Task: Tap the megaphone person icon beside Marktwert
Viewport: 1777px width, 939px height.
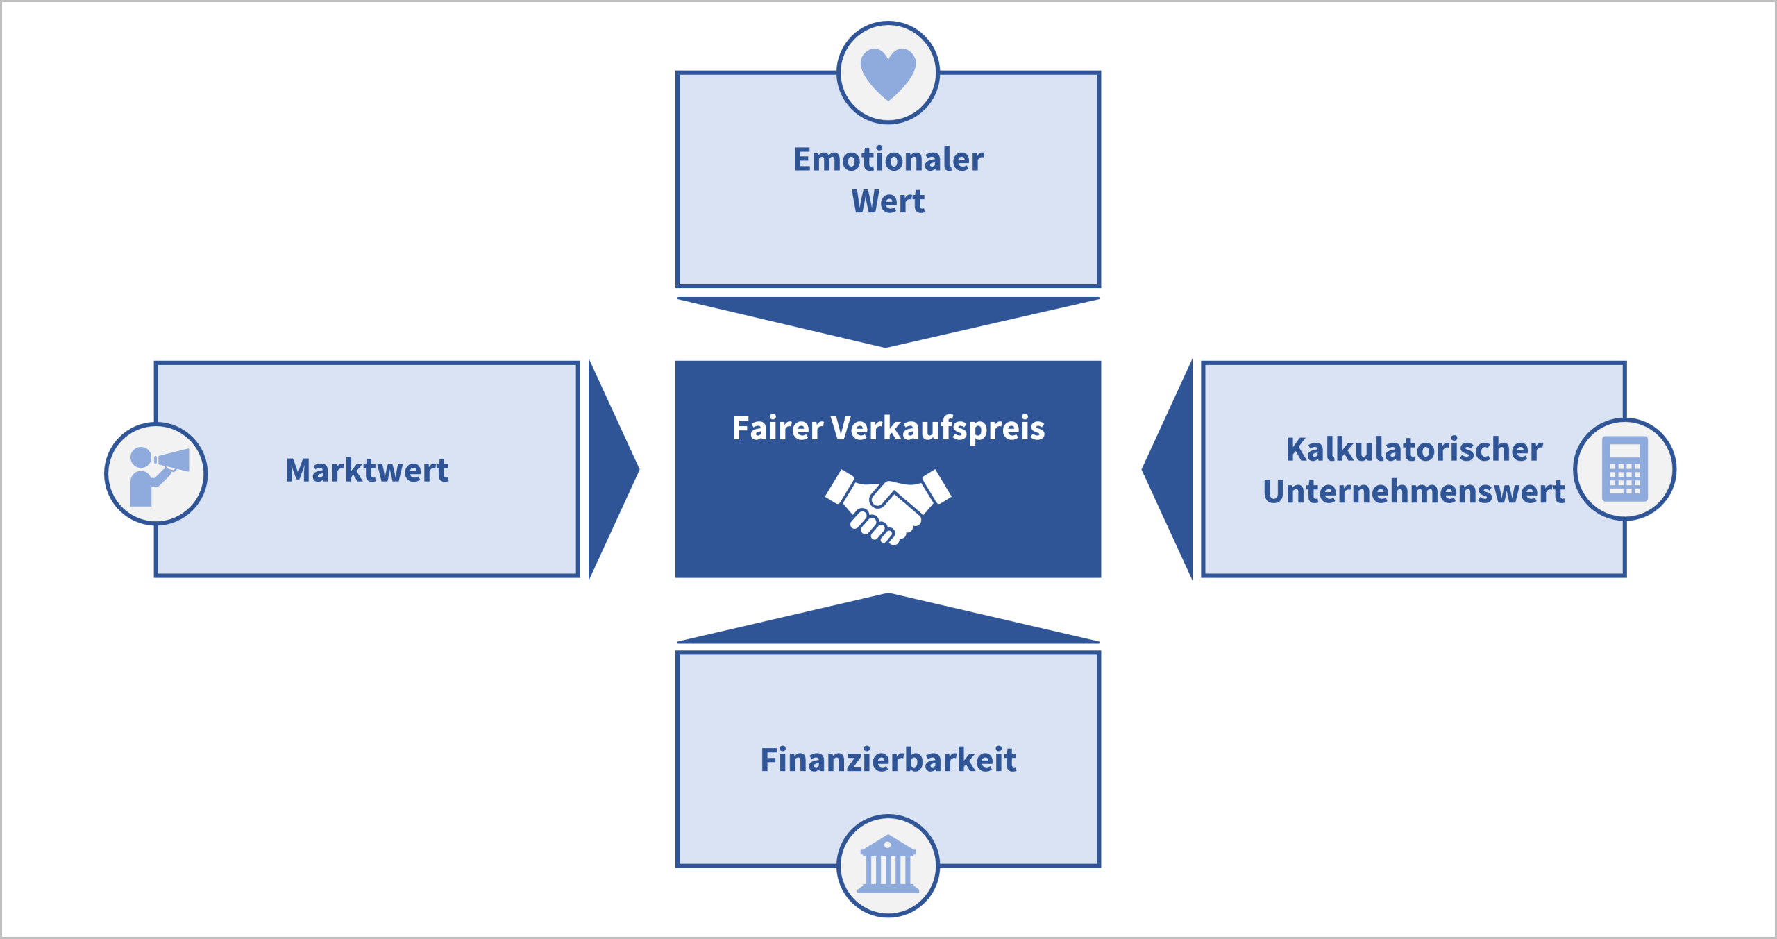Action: point(157,475)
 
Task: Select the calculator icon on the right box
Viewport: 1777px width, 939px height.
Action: point(1624,469)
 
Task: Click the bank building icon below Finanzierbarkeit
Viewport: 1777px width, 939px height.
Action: point(888,865)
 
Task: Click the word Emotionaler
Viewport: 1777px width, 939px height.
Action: point(888,160)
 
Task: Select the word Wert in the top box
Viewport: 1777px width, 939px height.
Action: point(888,202)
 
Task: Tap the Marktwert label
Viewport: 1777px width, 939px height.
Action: point(367,471)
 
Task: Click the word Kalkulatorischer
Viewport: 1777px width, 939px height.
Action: point(1414,450)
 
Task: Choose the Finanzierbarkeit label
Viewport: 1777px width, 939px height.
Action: point(888,760)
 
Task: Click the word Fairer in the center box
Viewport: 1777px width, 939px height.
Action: point(777,428)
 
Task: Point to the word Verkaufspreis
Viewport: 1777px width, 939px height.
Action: point(938,429)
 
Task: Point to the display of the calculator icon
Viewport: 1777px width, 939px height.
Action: point(1624,452)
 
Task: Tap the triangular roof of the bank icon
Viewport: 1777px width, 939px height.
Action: point(888,843)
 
